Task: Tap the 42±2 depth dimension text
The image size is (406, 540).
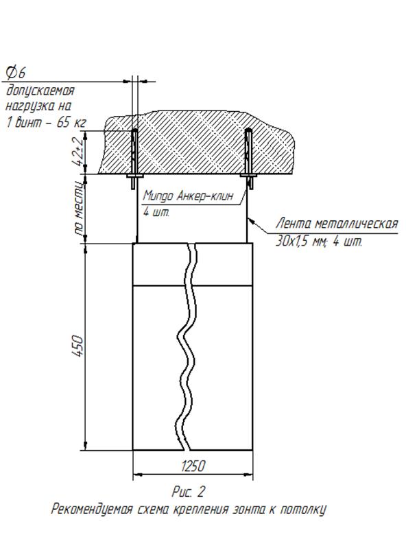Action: [78, 152]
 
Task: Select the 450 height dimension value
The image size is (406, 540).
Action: [78, 345]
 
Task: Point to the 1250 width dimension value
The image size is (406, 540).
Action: [193, 466]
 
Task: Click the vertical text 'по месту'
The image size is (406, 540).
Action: [79, 209]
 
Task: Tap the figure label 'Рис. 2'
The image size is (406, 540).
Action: [188, 491]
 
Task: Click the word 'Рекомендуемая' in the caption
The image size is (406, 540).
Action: [92, 509]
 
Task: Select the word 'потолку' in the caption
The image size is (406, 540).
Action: [303, 509]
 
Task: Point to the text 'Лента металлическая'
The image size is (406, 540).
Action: [337, 224]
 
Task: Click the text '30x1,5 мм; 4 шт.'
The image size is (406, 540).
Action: [319, 241]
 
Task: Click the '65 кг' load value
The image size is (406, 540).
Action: [71, 122]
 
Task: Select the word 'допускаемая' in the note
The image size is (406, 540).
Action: [40, 91]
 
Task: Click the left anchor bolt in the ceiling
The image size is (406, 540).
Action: [134, 159]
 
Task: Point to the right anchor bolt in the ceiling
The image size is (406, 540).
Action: [249, 159]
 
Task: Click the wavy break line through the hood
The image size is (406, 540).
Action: [187, 347]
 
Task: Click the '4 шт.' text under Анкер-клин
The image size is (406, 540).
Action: [156, 213]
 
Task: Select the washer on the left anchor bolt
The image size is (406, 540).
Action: [134, 176]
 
